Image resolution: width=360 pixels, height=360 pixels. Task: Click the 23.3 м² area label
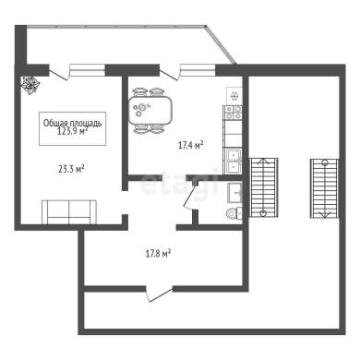click(71, 169)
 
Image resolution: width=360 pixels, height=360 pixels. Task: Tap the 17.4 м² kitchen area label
click(191, 145)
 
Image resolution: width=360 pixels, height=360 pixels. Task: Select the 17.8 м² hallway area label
click(158, 254)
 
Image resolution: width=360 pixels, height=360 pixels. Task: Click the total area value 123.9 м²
click(73, 131)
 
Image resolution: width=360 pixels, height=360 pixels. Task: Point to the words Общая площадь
click(72, 123)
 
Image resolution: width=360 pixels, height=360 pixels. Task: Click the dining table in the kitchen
click(150, 111)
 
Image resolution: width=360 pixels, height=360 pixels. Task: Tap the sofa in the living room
click(69, 212)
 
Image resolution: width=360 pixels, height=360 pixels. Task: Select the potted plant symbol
click(30, 85)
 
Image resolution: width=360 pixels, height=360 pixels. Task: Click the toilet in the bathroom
click(234, 213)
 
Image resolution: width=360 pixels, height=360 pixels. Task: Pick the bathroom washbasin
click(234, 193)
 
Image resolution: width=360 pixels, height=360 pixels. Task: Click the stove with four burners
click(234, 113)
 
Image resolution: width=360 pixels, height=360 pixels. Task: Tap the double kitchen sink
click(233, 161)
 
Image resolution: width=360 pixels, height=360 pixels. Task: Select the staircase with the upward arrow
click(263, 187)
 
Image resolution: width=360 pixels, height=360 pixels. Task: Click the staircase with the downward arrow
click(324, 188)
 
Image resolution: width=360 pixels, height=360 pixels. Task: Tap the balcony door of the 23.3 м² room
click(59, 73)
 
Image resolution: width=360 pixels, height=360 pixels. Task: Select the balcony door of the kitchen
click(169, 73)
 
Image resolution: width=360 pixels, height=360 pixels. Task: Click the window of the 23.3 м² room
click(88, 70)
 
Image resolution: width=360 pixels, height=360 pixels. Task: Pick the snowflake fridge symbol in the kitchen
click(234, 96)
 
